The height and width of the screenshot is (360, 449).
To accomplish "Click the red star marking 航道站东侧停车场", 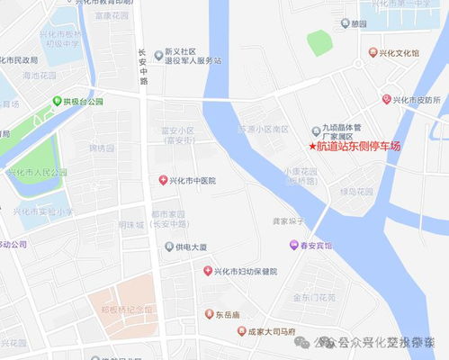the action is pos(313,146).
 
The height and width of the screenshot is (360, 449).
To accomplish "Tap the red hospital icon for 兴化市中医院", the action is pos(163,181).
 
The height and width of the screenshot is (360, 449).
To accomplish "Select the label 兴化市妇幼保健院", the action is pos(246,272).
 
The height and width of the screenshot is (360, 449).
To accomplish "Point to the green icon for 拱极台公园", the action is pos(57,101).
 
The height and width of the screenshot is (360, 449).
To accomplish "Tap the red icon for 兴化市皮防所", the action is pos(386,99).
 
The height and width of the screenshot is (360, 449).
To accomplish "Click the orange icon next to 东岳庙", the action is pos(208,315).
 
